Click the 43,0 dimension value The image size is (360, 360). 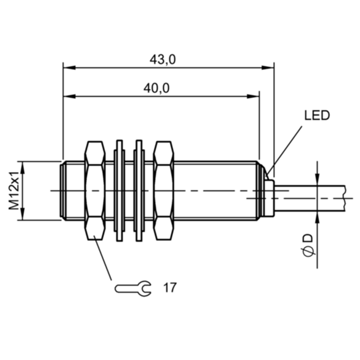(x=162, y=60)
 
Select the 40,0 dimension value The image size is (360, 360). (x=157, y=88)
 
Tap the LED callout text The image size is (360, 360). (x=317, y=116)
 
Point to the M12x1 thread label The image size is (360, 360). (x=14, y=190)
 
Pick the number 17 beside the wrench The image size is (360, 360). (x=170, y=288)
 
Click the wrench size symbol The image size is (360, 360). (x=133, y=288)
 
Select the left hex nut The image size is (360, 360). (x=95, y=190)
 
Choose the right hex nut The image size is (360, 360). (x=163, y=190)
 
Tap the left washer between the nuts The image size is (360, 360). (x=119, y=190)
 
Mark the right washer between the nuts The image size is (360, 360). (x=139, y=190)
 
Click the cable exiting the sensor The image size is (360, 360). (x=310, y=198)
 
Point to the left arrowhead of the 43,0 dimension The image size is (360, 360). (x=69, y=68)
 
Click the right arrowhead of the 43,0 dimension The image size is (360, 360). (x=268, y=68)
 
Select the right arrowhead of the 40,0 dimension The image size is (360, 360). (x=253, y=96)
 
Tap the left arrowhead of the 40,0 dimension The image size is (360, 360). (x=69, y=96)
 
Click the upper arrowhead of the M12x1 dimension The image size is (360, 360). (x=22, y=167)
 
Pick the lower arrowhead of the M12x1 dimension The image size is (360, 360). (x=22, y=214)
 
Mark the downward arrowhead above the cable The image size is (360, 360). (x=317, y=179)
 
